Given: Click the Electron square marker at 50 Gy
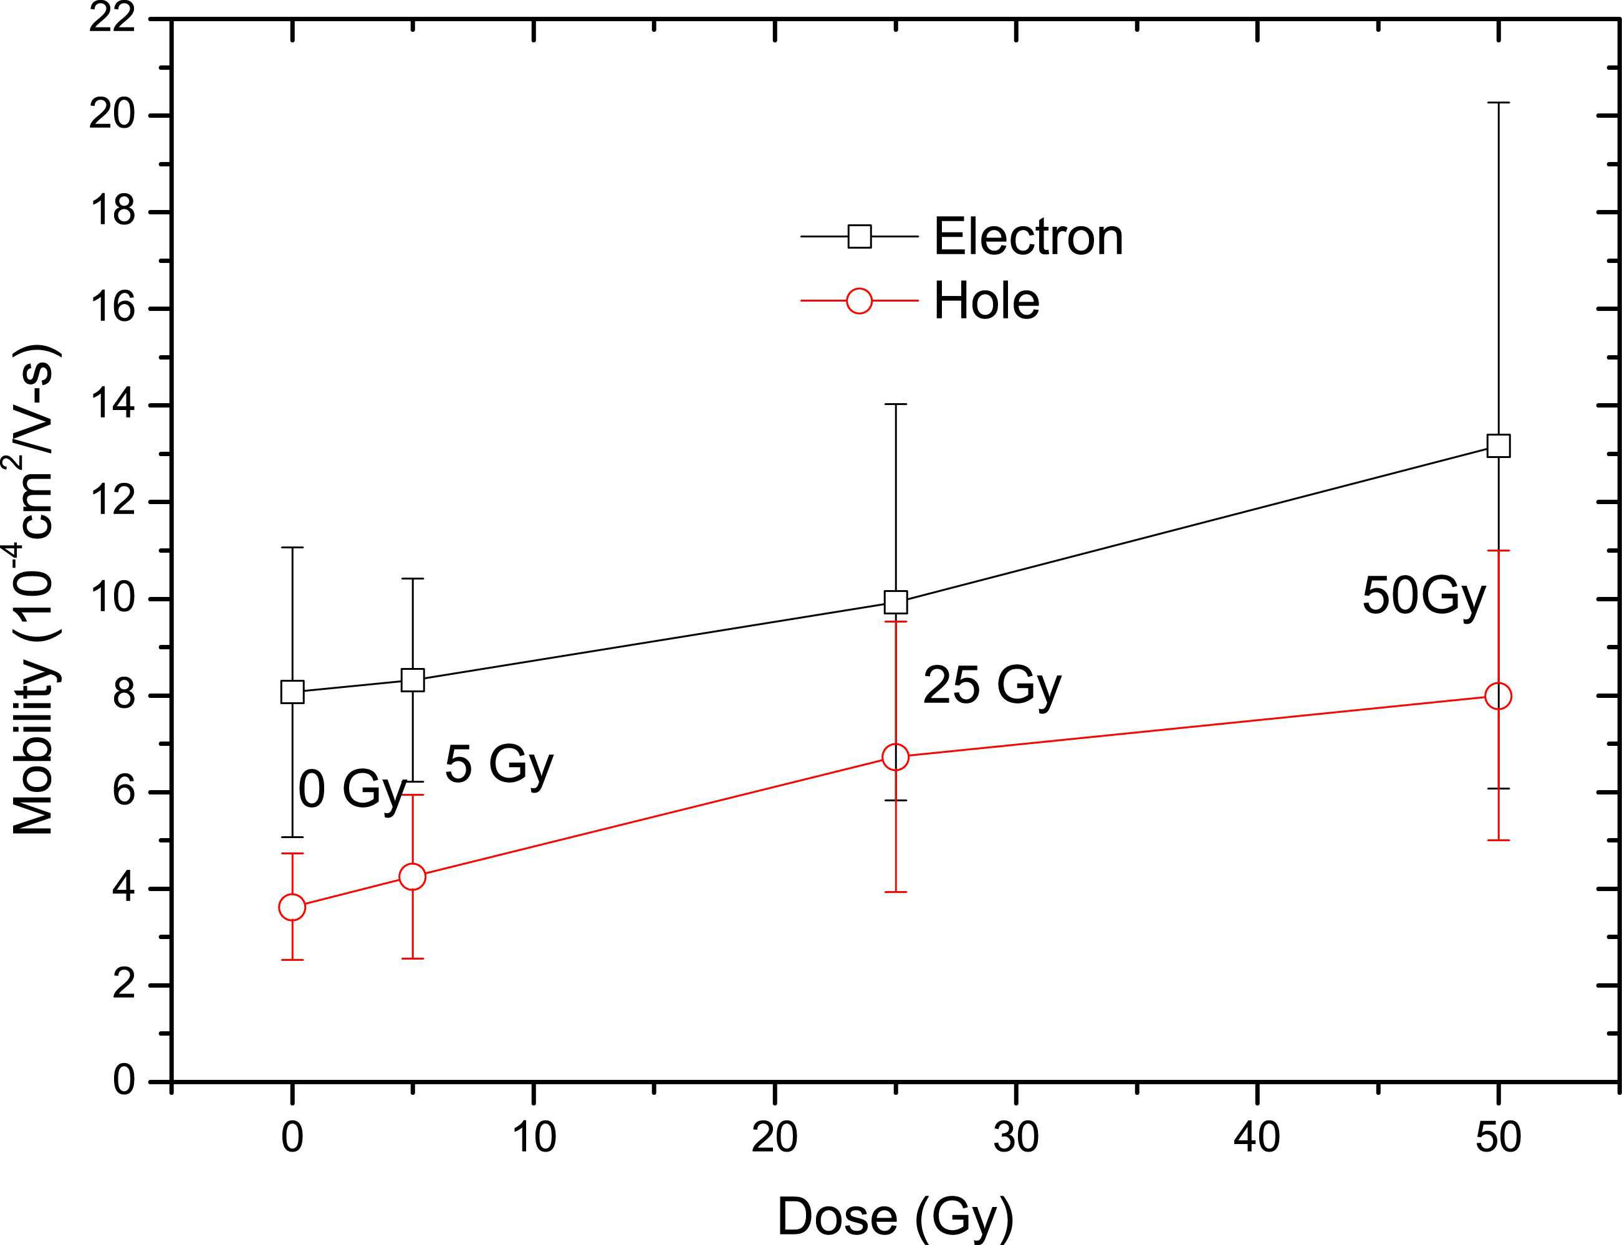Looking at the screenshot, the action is click(1498, 446).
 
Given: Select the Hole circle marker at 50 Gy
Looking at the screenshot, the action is click(1498, 696).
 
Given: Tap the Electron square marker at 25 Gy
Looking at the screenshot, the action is click(896, 602).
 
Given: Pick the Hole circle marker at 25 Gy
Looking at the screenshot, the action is click(896, 756).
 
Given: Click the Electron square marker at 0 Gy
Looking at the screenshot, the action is click(292, 692).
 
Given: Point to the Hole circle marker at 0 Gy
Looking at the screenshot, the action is click(292, 907).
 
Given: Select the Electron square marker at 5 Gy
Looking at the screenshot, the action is click(412, 680).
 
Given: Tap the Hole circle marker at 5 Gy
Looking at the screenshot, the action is click(412, 877).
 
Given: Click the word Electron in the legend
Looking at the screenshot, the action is click(1028, 237).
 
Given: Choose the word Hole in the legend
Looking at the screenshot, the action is click(986, 301).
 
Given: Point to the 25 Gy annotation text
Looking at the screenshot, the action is click(992, 686).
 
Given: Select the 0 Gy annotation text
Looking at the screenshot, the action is click(352, 791).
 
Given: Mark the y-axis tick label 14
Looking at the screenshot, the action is click(113, 406).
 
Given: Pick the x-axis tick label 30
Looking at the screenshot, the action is click(1015, 1137).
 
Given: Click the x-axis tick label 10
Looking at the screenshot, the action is click(533, 1137).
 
